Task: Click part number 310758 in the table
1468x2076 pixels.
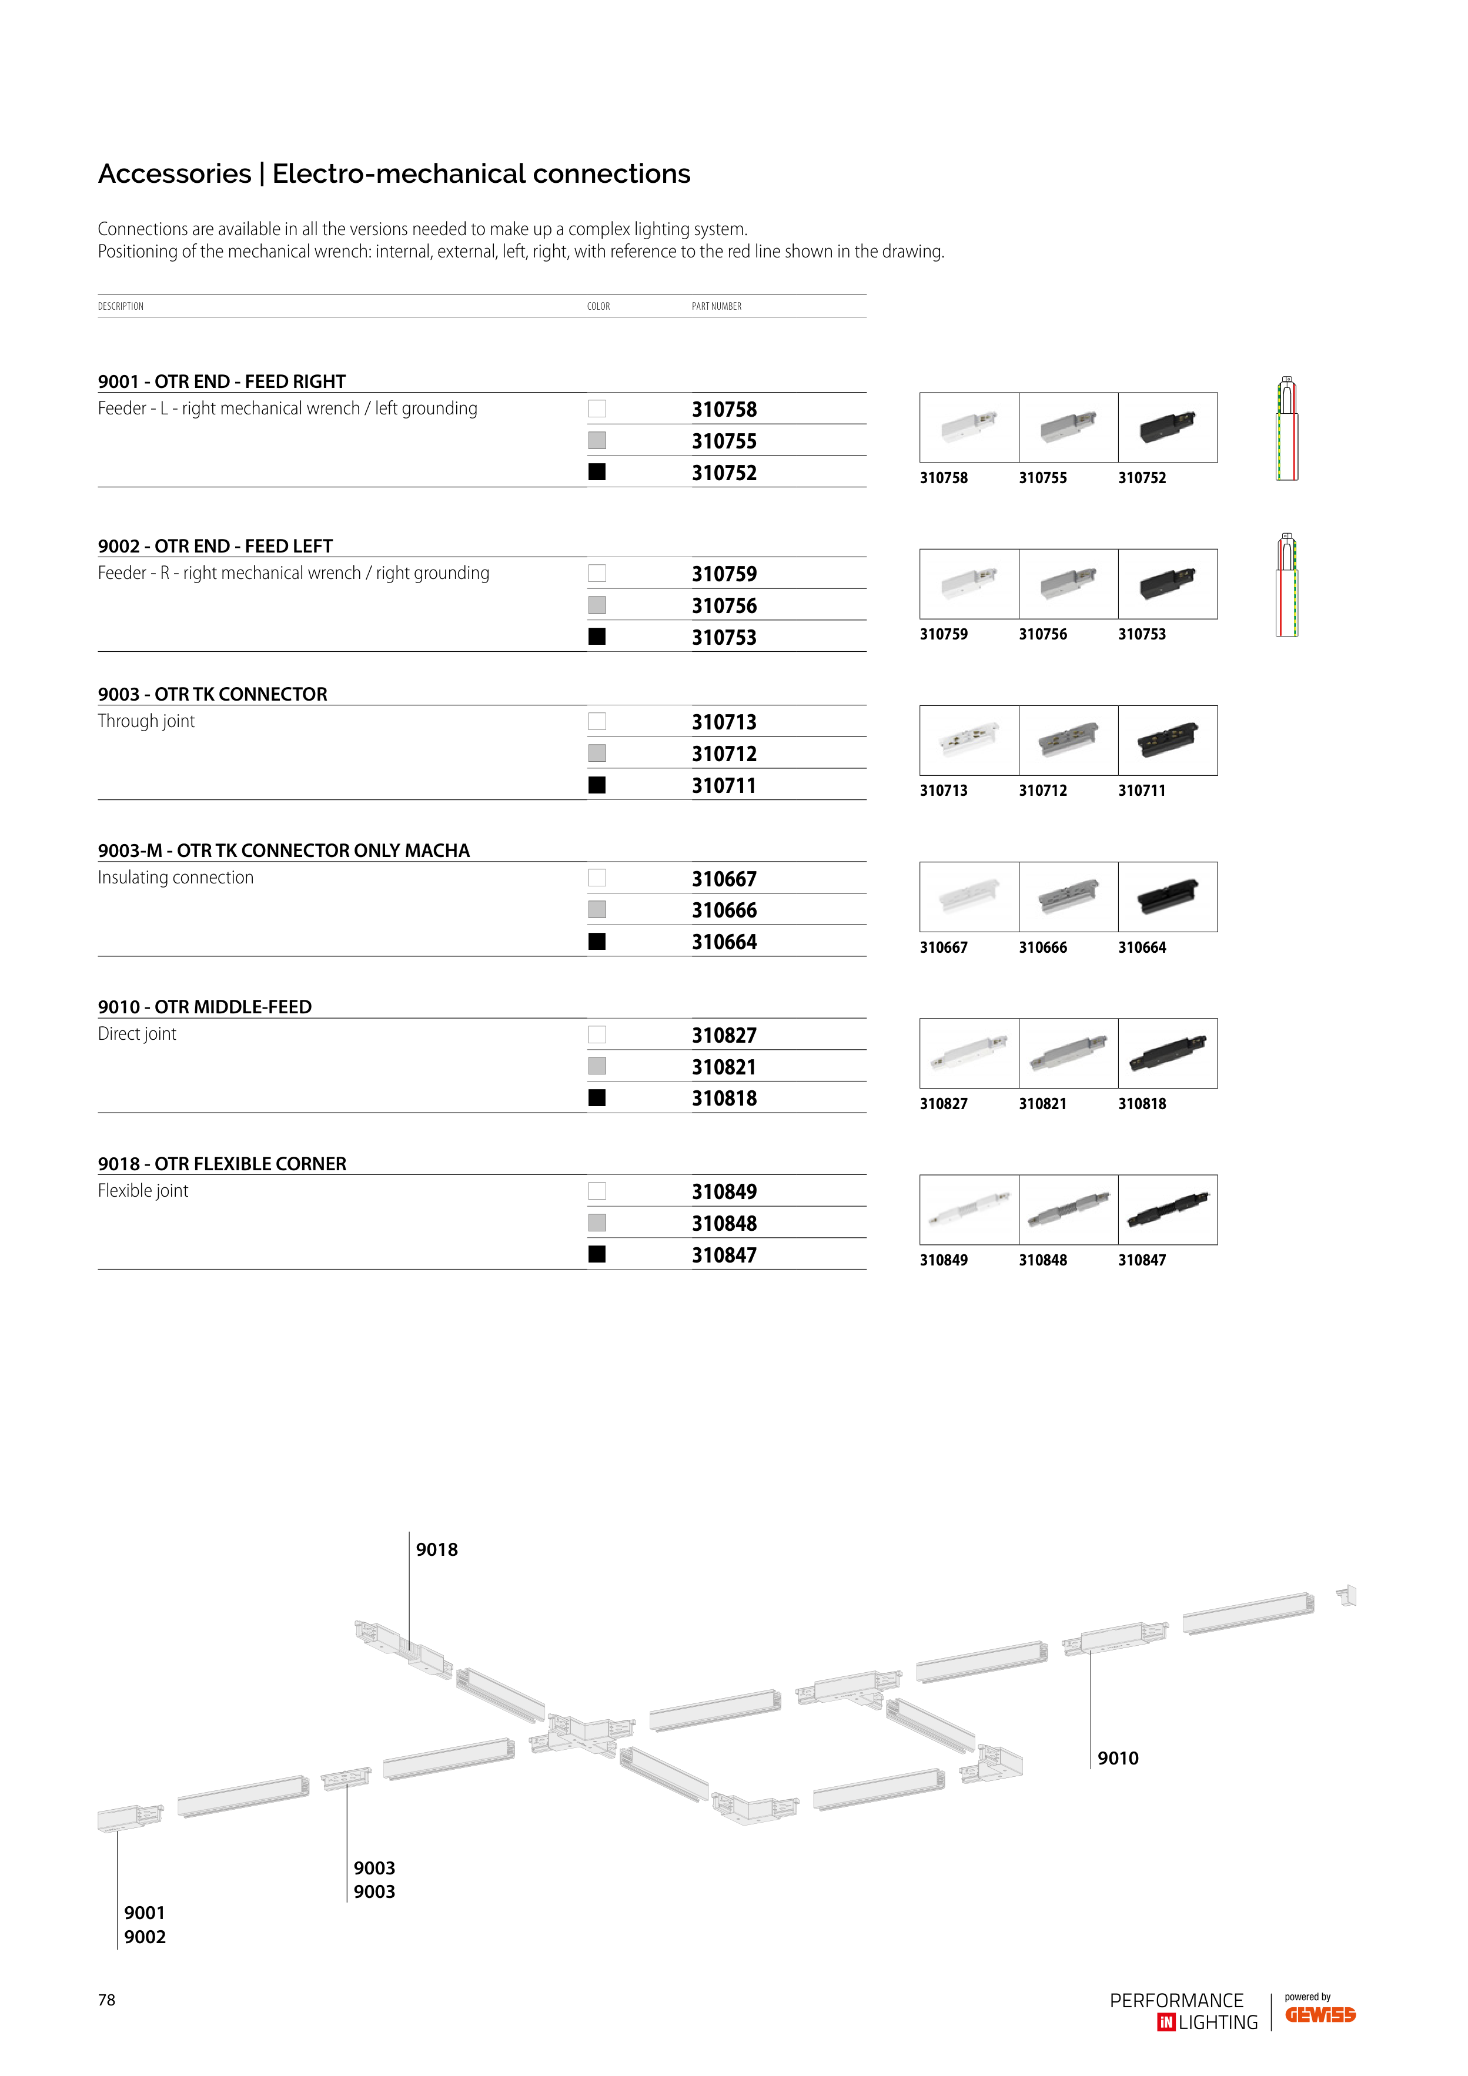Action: point(724,410)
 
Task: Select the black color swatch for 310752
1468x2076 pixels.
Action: point(597,472)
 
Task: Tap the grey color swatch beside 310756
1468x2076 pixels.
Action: point(597,605)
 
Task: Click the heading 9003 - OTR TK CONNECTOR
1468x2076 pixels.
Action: point(213,694)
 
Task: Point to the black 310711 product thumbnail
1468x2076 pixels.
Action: point(1168,741)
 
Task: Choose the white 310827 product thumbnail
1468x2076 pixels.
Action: point(969,1053)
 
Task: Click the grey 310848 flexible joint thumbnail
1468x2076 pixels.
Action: point(1068,1210)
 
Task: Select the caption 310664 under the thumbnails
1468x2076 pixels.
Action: point(1142,947)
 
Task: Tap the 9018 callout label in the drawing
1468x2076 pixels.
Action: point(437,1550)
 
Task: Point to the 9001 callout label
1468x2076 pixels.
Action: point(145,1913)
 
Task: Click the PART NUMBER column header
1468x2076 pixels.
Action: point(716,306)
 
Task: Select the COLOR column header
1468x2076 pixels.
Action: point(598,306)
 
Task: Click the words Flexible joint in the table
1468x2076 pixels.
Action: point(143,1191)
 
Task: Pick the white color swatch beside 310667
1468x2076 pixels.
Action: point(597,878)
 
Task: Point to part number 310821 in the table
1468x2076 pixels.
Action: point(724,1067)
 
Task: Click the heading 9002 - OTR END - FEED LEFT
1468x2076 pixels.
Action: point(215,546)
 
